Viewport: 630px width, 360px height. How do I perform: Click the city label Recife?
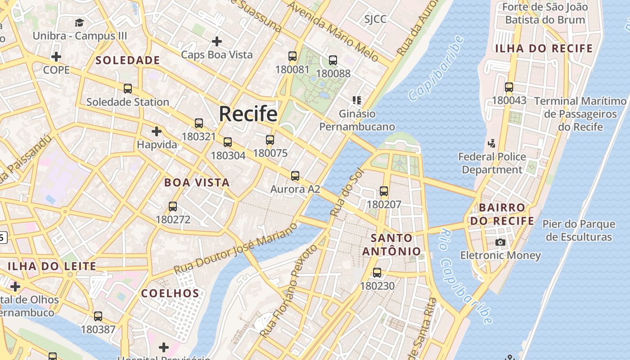coord(248,114)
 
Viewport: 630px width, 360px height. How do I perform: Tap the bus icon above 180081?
coord(292,56)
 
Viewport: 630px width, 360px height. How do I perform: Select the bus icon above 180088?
coord(333,60)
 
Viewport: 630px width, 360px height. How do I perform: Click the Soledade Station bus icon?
coord(128,89)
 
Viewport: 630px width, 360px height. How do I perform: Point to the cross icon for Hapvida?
coord(157,131)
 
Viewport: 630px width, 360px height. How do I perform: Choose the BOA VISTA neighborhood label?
coord(197,183)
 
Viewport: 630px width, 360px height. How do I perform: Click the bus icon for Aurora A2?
coord(295,176)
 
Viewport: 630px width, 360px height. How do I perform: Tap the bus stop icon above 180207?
coord(384,191)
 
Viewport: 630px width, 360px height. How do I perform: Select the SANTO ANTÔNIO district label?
coord(392,244)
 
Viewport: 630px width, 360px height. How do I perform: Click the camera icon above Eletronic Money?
coord(500,242)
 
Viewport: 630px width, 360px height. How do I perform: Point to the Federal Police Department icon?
coord(492,144)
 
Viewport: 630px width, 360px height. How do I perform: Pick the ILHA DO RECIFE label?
coord(544,49)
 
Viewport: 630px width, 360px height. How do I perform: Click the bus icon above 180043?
coord(509,87)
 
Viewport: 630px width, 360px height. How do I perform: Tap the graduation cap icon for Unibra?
coord(80,22)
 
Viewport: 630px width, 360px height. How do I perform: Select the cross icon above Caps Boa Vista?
coord(217,41)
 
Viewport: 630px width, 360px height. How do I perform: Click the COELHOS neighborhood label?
coord(170,293)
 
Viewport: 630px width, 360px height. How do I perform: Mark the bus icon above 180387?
coord(98,316)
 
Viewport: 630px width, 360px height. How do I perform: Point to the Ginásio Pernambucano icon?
coord(357,100)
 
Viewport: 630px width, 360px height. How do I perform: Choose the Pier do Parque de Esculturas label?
coord(578,230)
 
